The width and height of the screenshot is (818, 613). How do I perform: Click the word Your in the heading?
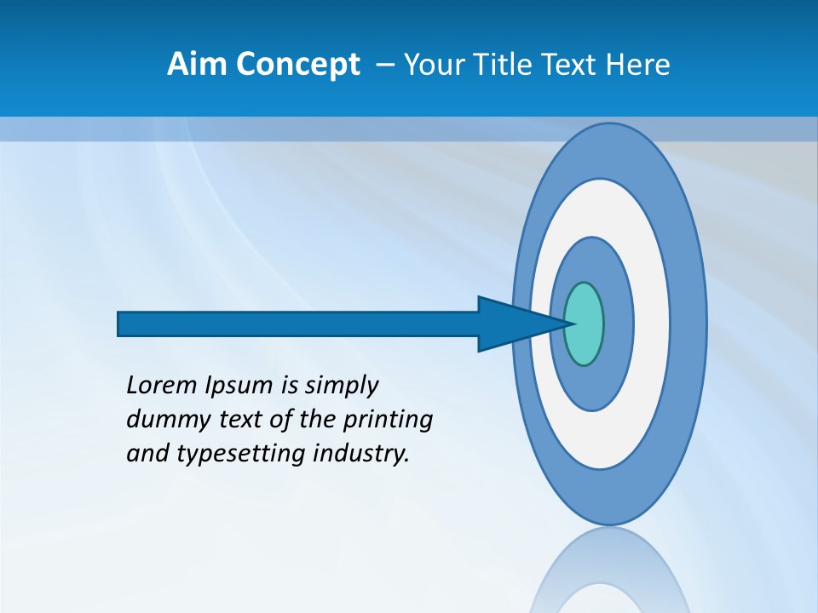coord(431,64)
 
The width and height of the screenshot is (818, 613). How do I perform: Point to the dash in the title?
coord(385,64)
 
